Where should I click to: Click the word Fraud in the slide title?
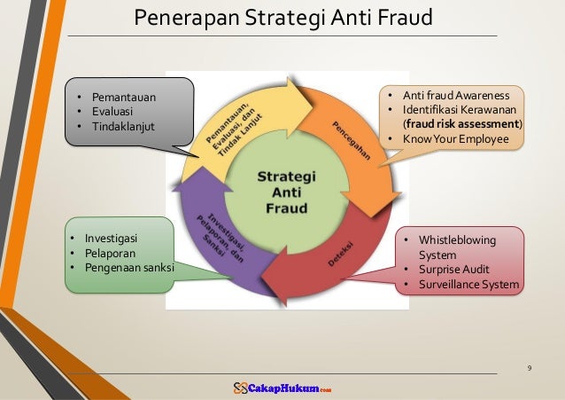[x=400, y=17]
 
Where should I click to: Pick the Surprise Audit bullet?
[x=454, y=270]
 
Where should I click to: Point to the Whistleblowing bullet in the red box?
[x=457, y=240]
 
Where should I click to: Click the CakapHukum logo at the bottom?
[x=282, y=388]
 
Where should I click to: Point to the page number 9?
[x=529, y=366]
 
